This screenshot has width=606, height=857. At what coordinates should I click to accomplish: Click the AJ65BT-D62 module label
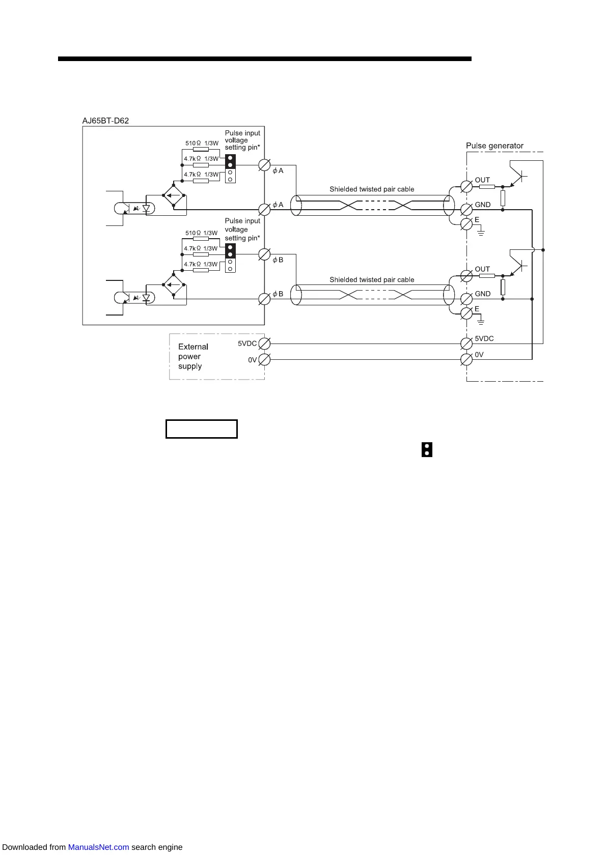105,121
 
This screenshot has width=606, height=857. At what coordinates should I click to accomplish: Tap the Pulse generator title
494,146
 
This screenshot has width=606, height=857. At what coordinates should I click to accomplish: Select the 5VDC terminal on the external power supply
264,344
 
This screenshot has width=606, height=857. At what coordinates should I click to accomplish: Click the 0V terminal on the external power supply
264,360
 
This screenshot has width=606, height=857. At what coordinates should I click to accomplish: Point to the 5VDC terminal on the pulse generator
466,344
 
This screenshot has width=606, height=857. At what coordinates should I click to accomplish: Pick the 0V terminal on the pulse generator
466,360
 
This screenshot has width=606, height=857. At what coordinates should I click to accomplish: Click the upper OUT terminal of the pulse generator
466,187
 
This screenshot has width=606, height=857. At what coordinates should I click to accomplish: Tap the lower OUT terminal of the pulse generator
466,276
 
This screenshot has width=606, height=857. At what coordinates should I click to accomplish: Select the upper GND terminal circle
466,209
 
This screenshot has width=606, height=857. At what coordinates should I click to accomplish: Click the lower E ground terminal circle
466,313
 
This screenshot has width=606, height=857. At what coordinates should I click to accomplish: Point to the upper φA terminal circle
264,165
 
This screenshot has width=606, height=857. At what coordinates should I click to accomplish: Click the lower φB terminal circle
264,299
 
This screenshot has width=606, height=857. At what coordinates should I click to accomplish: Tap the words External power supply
193,356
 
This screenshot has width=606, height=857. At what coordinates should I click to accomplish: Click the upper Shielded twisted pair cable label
372,189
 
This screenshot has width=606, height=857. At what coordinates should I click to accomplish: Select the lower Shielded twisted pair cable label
372,280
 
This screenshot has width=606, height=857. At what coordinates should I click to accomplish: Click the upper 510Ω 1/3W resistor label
202,144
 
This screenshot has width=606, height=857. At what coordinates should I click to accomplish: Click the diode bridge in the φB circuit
174,285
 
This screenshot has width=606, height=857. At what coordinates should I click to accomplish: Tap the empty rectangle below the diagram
202,429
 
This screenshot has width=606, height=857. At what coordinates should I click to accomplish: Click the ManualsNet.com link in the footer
98,847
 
